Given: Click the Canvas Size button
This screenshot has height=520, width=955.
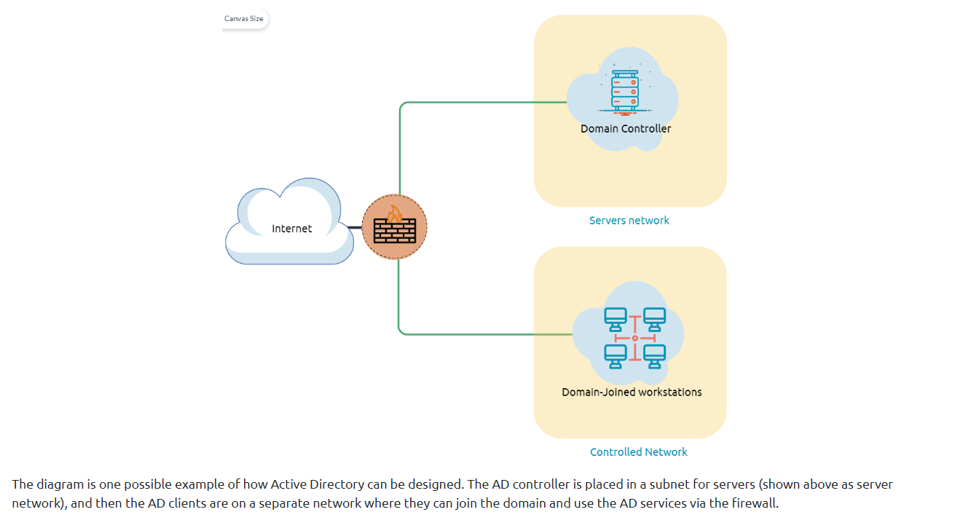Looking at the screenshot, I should [x=244, y=18].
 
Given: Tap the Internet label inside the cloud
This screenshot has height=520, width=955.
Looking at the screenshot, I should [x=291, y=229].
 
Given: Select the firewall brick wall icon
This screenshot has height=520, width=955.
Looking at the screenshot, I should [x=395, y=232].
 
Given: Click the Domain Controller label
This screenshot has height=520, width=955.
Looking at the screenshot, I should [x=626, y=129].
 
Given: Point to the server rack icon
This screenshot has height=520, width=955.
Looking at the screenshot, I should [x=624, y=92].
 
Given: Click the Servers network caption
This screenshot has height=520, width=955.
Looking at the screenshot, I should [x=629, y=220].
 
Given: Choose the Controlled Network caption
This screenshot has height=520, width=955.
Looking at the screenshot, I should [x=638, y=452].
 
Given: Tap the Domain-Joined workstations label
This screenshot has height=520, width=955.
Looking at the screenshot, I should [x=632, y=392].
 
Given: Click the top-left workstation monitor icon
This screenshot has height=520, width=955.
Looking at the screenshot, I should [x=616, y=318].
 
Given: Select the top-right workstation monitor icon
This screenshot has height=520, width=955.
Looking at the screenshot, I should [x=654, y=318].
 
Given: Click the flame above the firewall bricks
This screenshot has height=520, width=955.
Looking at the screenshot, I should [x=395, y=213].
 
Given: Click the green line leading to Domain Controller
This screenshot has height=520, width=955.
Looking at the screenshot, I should [x=481, y=103].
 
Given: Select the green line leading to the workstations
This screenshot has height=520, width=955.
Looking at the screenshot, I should [x=481, y=334].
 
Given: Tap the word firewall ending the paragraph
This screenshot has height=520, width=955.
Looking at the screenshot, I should [x=758, y=503].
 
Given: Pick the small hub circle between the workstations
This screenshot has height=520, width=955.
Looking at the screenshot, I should [x=635, y=338].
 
